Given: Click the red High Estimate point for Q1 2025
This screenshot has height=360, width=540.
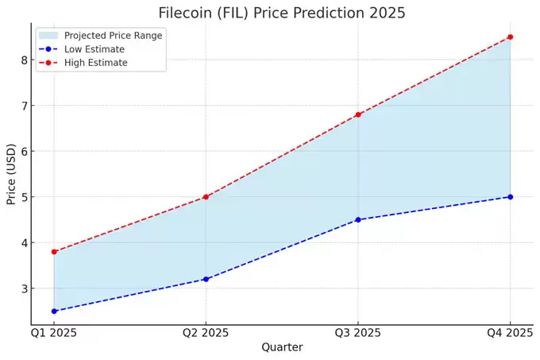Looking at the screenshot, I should coord(54,252).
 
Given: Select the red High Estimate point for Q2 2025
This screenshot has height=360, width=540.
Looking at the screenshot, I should coord(206,197).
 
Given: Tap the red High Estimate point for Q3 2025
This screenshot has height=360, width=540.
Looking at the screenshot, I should coord(358,114).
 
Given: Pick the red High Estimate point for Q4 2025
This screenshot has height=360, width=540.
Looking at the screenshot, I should coord(510,37).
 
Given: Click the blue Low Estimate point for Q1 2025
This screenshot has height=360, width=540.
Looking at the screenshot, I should coord(54,311).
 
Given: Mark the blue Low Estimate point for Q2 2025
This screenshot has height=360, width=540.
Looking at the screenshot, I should coord(206,279).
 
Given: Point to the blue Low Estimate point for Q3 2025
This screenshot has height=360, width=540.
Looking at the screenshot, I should coord(358,219).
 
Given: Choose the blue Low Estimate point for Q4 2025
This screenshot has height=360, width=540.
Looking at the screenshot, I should coord(510,197).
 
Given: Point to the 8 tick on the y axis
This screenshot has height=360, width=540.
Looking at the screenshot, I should coord(25,60).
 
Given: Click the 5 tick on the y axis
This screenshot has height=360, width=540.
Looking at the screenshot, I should coord(25,197).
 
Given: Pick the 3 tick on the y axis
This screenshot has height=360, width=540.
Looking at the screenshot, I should coord(25,288).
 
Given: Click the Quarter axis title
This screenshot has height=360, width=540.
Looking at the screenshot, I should coord(282,347).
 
